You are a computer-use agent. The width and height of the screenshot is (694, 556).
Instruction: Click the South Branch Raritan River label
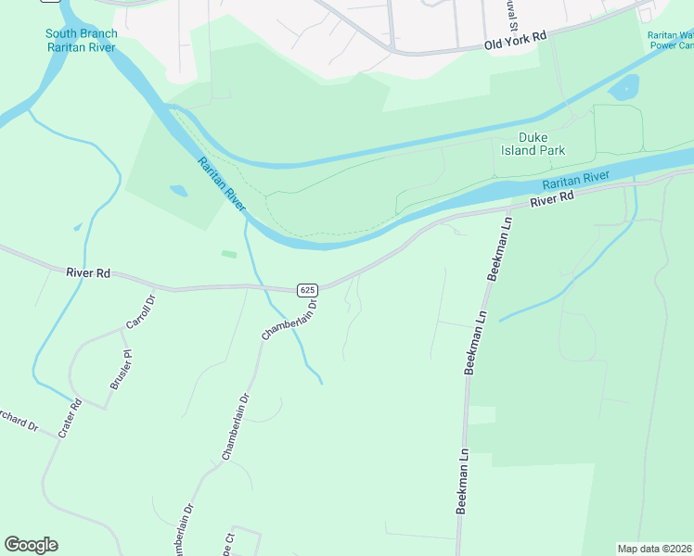click(82, 40)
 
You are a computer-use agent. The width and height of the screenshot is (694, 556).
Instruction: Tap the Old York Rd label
click(516, 39)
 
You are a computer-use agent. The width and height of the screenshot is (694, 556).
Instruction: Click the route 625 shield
click(308, 290)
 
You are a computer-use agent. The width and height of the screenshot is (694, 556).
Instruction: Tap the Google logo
click(31, 545)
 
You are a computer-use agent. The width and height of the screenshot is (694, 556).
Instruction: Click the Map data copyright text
click(655, 549)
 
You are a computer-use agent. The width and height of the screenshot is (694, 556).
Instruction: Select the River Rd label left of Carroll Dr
click(88, 273)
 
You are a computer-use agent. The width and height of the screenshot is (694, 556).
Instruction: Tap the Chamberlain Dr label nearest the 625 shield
click(289, 318)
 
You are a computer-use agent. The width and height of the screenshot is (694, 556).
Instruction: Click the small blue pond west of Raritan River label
click(178, 191)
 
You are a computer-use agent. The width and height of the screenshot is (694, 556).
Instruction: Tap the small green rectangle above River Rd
click(228, 253)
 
